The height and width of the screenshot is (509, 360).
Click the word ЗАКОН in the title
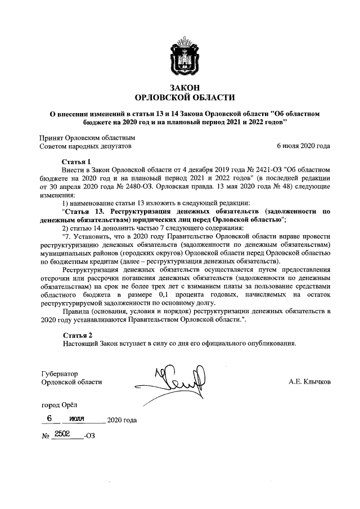click(x=180, y=87)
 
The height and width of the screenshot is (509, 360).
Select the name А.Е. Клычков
click(x=310, y=382)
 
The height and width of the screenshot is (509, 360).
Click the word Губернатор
click(x=60, y=373)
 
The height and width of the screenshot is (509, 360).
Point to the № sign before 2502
click(x=46, y=436)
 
